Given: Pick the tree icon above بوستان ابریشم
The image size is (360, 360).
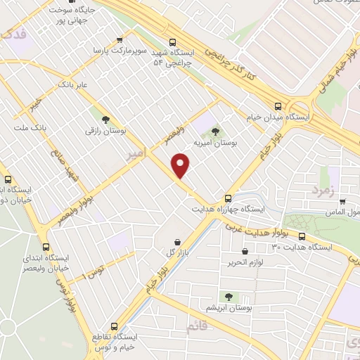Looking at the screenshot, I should [229, 297].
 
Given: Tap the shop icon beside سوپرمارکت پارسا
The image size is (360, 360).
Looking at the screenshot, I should [120, 40].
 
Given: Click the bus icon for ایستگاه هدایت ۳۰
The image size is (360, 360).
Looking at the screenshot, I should [302, 236].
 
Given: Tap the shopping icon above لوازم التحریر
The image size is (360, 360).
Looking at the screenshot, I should [245, 252].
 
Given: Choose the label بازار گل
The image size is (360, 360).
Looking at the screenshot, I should [169, 252].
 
